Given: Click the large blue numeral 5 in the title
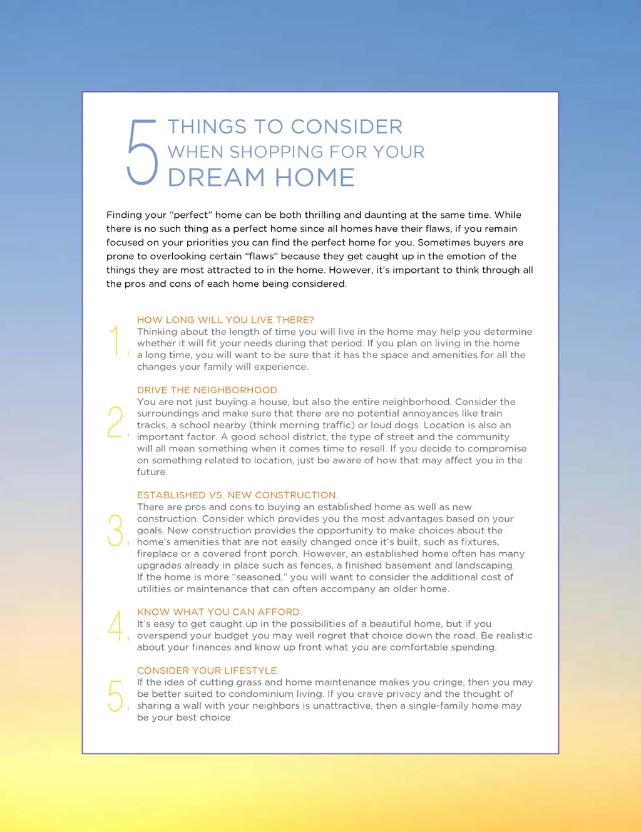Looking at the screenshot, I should (142, 153).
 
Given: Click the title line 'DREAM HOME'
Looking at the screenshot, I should (261, 178).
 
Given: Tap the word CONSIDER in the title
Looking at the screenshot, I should (346, 127).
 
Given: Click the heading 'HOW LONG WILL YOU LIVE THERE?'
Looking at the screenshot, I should (225, 320).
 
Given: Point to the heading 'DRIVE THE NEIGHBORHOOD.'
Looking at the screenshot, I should (208, 390).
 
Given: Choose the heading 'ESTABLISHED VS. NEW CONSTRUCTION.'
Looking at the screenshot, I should (237, 495).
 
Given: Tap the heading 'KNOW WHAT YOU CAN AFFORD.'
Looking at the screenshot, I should (219, 612).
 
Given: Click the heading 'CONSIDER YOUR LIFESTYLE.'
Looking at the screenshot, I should (208, 670).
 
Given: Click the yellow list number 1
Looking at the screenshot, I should (116, 341).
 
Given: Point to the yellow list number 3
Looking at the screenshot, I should (116, 530).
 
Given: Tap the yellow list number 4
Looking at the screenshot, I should (116, 625).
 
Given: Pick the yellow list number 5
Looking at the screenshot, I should (116, 696).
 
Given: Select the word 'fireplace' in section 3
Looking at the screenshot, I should (158, 554).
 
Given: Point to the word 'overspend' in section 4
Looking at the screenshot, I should (162, 635).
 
